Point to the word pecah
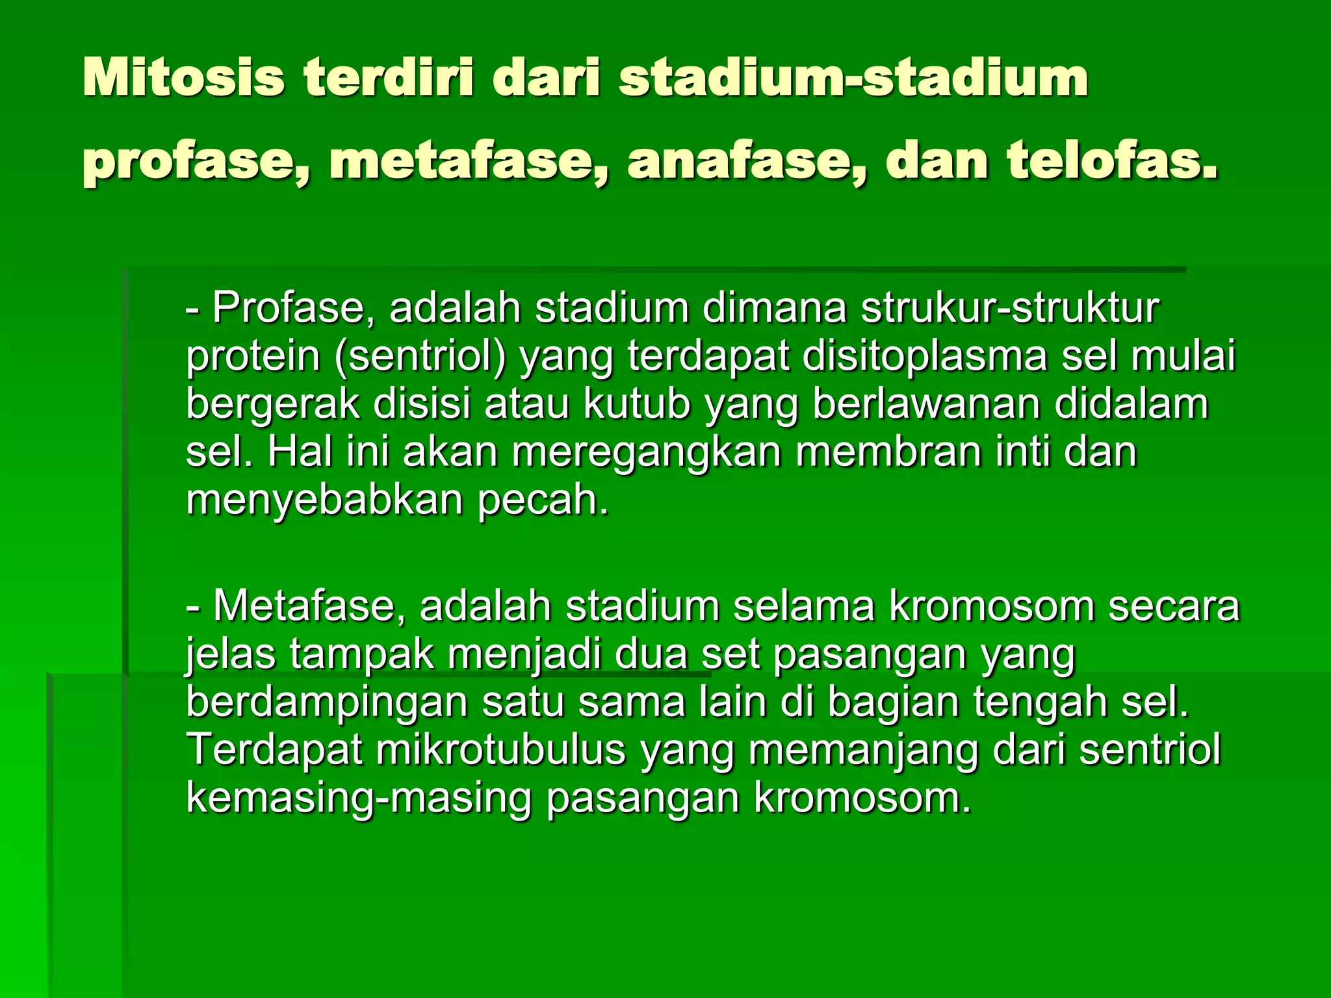click(x=543, y=500)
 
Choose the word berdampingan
click(x=327, y=702)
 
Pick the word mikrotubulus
click(x=500, y=750)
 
